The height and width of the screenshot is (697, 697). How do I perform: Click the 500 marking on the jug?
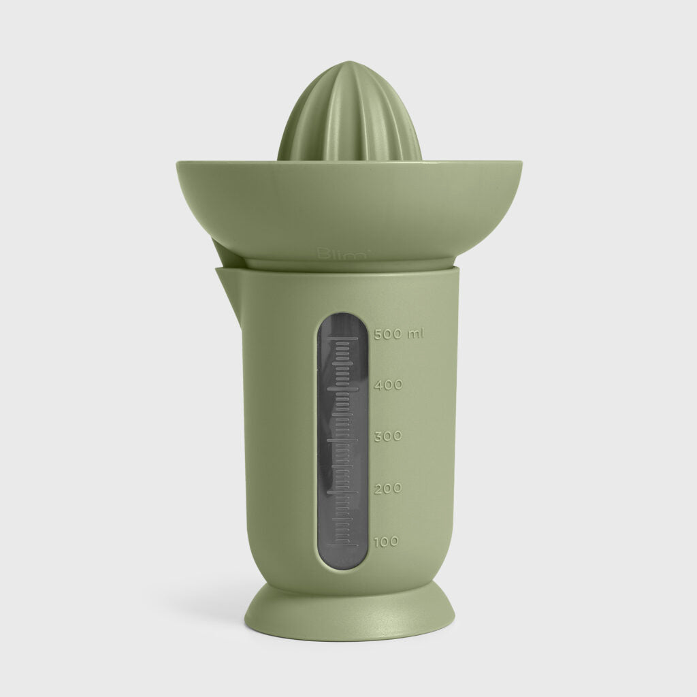tap(389, 334)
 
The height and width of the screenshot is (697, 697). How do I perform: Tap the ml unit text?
tap(415, 334)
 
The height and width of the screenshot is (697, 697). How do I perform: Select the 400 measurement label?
tap(389, 385)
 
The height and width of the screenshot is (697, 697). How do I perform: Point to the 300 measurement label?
tap(389, 436)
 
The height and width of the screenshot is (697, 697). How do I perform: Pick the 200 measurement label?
tap(389, 488)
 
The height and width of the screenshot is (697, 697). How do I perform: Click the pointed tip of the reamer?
tap(350, 64)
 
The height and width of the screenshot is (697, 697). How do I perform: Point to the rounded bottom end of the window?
tap(343, 564)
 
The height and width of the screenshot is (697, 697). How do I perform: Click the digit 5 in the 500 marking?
tap(378, 334)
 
